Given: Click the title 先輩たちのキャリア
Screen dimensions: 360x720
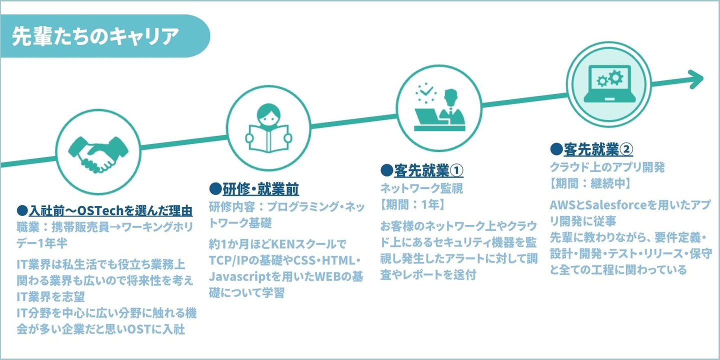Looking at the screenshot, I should click(95, 37).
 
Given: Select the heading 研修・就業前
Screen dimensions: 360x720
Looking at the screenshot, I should click(260, 189).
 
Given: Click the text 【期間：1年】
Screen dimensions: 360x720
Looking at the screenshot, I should click(412, 204).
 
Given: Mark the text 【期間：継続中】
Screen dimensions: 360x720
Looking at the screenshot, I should click(590, 183).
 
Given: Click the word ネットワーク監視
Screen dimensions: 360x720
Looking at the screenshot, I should click(421, 188).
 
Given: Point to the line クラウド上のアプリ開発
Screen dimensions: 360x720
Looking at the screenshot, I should click(607, 166).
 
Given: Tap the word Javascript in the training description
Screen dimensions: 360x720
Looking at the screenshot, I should click(236, 276).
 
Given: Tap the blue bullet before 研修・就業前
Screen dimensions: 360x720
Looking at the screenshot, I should click(215, 189).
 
